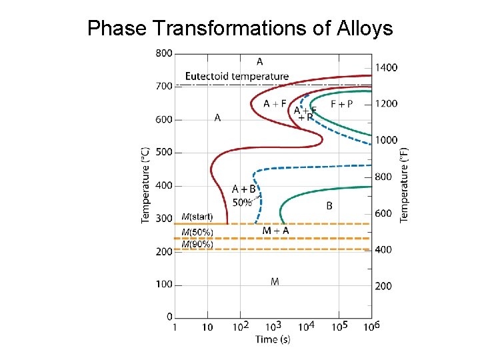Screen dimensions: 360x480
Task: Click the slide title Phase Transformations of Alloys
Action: coord(240,28)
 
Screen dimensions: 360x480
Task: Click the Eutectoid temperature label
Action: coord(237,76)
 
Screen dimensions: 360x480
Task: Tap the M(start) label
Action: coord(197,217)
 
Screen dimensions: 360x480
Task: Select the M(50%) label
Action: coord(197,233)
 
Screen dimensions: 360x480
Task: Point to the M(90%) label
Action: coord(197,244)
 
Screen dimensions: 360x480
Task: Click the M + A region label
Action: coord(275,231)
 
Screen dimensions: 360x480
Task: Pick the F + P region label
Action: coord(341,104)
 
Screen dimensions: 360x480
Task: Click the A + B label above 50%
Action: coord(243,189)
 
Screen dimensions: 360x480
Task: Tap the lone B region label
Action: coord(329,206)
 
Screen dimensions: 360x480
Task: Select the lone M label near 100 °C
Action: coord(275,282)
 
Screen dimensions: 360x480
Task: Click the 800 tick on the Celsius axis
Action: coord(163,53)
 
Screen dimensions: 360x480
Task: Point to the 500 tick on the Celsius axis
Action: coord(163,152)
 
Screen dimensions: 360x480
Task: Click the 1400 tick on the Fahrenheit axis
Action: coord(386,67)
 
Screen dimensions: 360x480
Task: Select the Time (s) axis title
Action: coord(273,339)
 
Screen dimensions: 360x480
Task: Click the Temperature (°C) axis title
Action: coord(146,185)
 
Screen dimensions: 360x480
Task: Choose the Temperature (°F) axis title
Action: coord(404,185)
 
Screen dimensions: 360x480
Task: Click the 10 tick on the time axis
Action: coord(207,327)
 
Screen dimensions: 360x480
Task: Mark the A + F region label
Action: coord(275,103)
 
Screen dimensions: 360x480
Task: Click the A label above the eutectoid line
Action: coord(259,61)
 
